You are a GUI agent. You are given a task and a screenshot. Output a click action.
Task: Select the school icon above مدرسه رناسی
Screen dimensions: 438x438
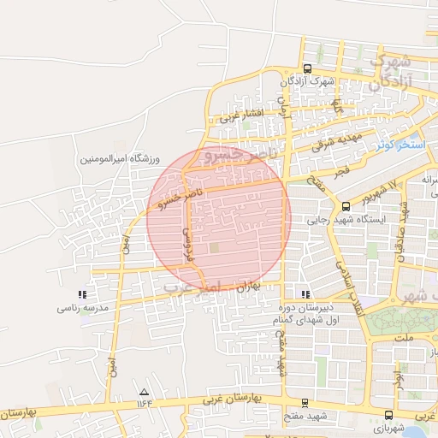pos(81,294)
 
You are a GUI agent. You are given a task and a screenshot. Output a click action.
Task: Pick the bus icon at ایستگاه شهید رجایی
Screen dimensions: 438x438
pos(346,206)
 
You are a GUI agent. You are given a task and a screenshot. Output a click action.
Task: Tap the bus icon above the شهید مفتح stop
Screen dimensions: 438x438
pos(305,402)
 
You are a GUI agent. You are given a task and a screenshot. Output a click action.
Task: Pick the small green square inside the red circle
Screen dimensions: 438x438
pos(215,248)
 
